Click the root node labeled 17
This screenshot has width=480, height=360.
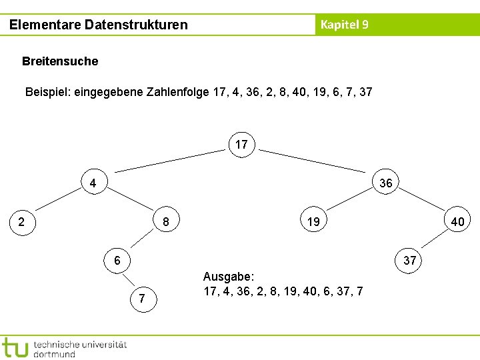pyautogui.click(x=241, y=144)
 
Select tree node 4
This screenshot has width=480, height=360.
pyautogui.click(x=93, y=183)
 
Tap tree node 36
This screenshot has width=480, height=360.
pyautogui.click(x=385, y=183)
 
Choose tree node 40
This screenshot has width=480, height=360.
pyautogui.click(x=457, y=221)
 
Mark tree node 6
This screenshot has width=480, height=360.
pyautogui.click(x=117, y=260)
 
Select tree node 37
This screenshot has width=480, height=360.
pyautogui.click(x=409, y=260)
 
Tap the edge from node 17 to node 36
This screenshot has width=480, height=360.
pyautogui.click(x=313, y=162)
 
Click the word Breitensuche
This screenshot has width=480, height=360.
pyautogui.click(x=60, y=61)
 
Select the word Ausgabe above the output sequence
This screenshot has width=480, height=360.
pyautogui.click(x=227, y=277)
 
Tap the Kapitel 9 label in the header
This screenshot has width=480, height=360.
pyautogui.click(x=344, y=25)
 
